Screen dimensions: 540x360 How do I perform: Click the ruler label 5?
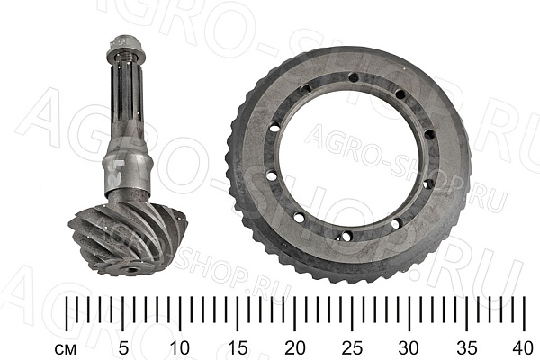(123, 348)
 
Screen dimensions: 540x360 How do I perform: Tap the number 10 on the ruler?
(180, 348)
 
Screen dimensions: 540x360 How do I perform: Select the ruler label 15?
(238, 348)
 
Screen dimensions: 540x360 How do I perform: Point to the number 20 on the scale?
(295, 348)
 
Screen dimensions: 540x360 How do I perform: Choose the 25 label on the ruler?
(353, 348)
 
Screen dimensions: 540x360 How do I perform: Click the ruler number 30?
(409, 348)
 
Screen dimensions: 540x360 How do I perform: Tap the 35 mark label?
(467, 348)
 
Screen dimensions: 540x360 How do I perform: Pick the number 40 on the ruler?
(524, 348)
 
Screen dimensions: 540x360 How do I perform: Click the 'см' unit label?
(66, 350)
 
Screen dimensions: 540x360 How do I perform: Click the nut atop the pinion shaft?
(126, 46)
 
